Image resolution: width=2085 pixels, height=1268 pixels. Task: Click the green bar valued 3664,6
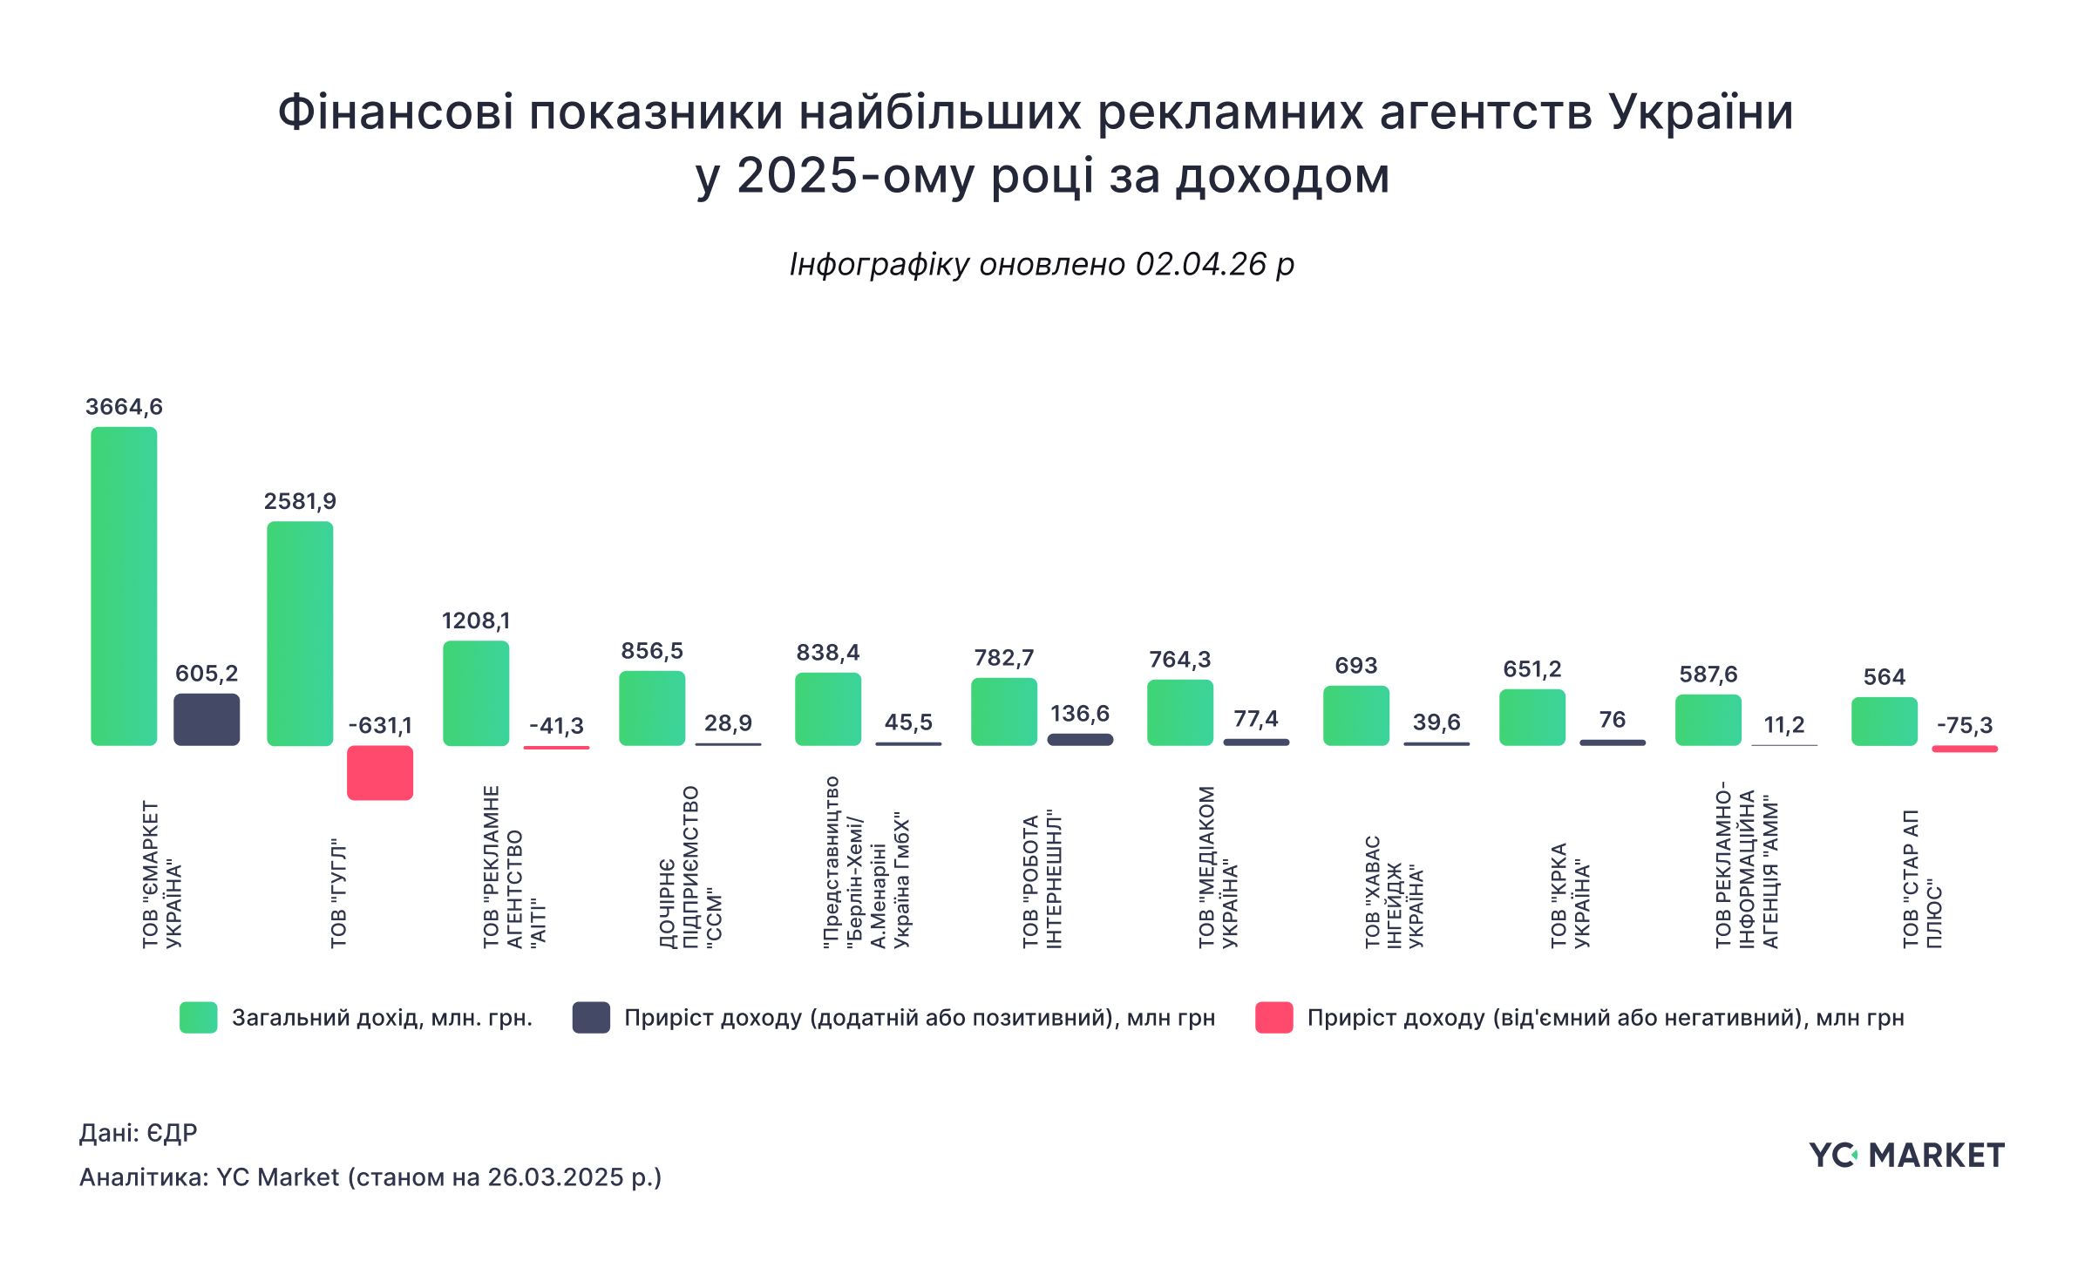click(x=124, y=586)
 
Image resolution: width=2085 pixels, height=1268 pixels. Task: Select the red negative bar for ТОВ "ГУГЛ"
click(x=380, y=773)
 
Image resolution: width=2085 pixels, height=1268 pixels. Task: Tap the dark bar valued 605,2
click(x=207, y=720)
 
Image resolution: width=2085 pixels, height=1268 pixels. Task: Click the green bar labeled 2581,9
click(x=300, y=634)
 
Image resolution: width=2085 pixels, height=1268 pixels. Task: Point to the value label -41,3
click(x=556, y=725)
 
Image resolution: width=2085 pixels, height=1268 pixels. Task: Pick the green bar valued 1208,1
click(x=476, y=694)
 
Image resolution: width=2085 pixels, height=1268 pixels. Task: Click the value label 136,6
click(x=1080, y=714)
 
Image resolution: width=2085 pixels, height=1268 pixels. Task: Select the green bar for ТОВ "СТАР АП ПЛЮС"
click(x=1885, y=722)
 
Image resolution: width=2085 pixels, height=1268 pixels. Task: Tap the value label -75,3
click(x=1965, y=725)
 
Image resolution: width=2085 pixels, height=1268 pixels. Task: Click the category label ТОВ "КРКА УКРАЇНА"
click(x=1570, y=894)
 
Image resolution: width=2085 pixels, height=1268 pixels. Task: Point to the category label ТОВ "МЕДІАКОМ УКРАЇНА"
click(x=1218, y=867)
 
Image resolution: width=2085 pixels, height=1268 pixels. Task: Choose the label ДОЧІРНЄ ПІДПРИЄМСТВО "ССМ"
click(x=690, y=867)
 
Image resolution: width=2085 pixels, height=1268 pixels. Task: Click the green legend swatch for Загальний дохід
click(x=199, y=1018)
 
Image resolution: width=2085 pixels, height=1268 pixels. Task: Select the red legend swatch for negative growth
click(x=1273, y=1018)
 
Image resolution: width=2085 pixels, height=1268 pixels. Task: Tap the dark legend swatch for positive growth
click(x=591, y=1018)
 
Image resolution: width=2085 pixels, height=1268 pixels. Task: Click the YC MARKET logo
click(x=1906, y=1156)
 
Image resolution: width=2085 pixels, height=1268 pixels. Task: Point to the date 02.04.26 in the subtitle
click(x=1199, y=264)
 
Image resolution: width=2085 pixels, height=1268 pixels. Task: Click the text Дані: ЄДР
click(x=139, y=1133)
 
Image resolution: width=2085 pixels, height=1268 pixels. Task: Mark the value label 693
click(x=1356, y=666)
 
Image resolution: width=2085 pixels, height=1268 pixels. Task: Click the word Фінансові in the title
click(x=396, y=113)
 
